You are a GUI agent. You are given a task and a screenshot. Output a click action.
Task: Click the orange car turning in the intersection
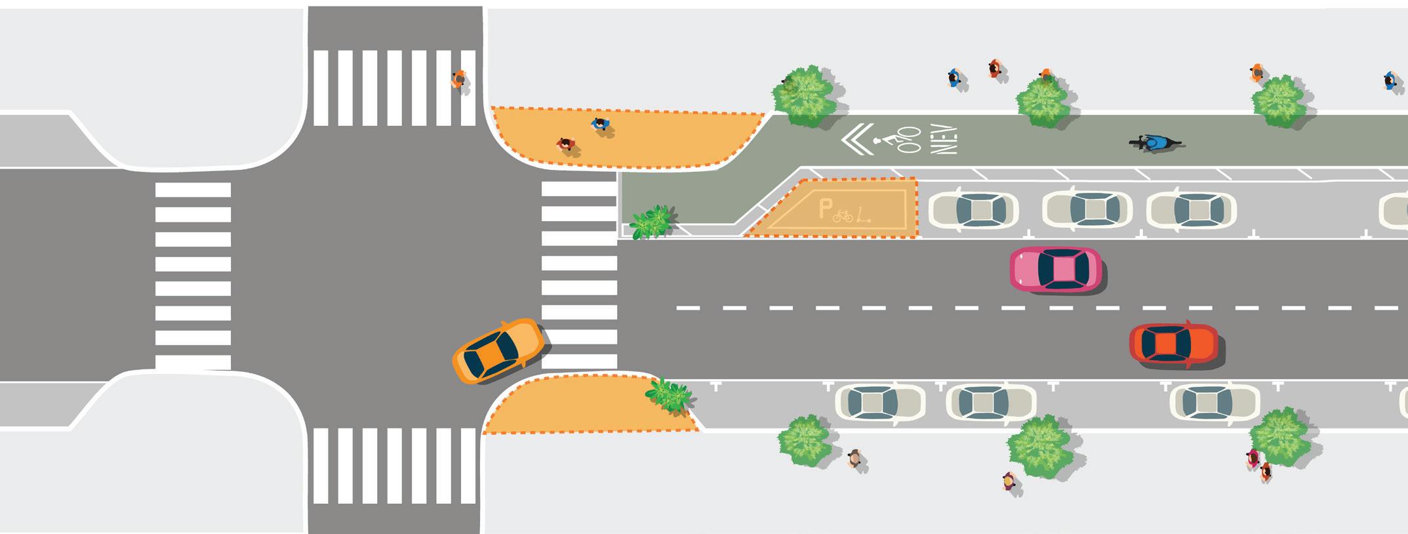pos(498,351)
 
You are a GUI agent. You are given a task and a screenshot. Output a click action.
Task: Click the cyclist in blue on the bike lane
pos(1156,142)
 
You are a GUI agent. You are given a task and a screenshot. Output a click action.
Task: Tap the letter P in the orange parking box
pos(824,210)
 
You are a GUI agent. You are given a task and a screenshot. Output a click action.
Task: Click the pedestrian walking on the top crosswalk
pos(459,79)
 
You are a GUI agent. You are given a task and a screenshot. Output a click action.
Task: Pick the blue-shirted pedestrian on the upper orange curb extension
pos(600,124)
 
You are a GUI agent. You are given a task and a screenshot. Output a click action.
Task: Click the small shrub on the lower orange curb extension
pos(669,394)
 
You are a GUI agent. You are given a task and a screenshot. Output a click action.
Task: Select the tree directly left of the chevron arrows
pos(805,96)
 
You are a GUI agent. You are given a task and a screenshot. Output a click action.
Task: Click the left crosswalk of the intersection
pos(193,276)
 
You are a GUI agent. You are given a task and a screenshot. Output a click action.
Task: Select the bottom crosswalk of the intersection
pos(395,465)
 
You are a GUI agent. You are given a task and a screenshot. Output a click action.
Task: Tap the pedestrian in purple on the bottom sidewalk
pos(1009,482)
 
